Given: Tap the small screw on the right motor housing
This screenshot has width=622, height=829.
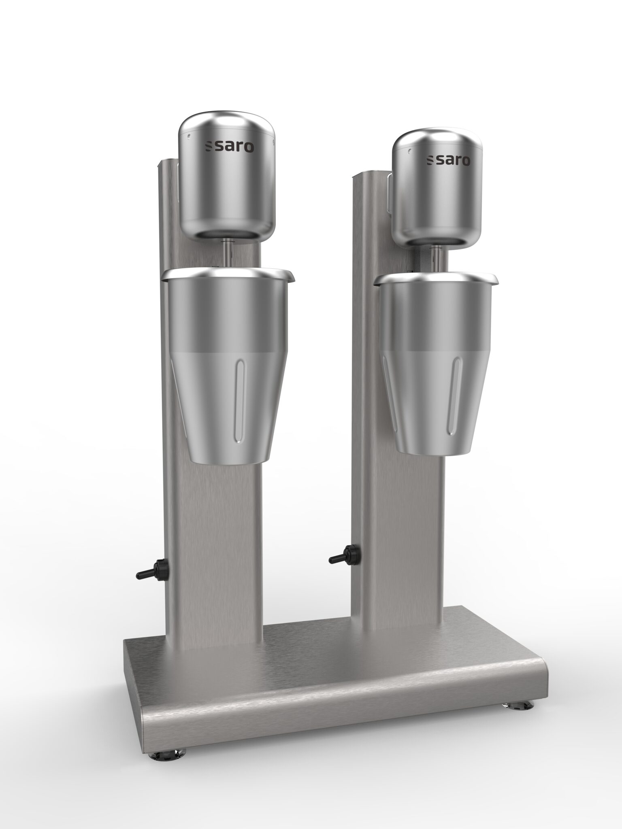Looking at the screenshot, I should [410, 151].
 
